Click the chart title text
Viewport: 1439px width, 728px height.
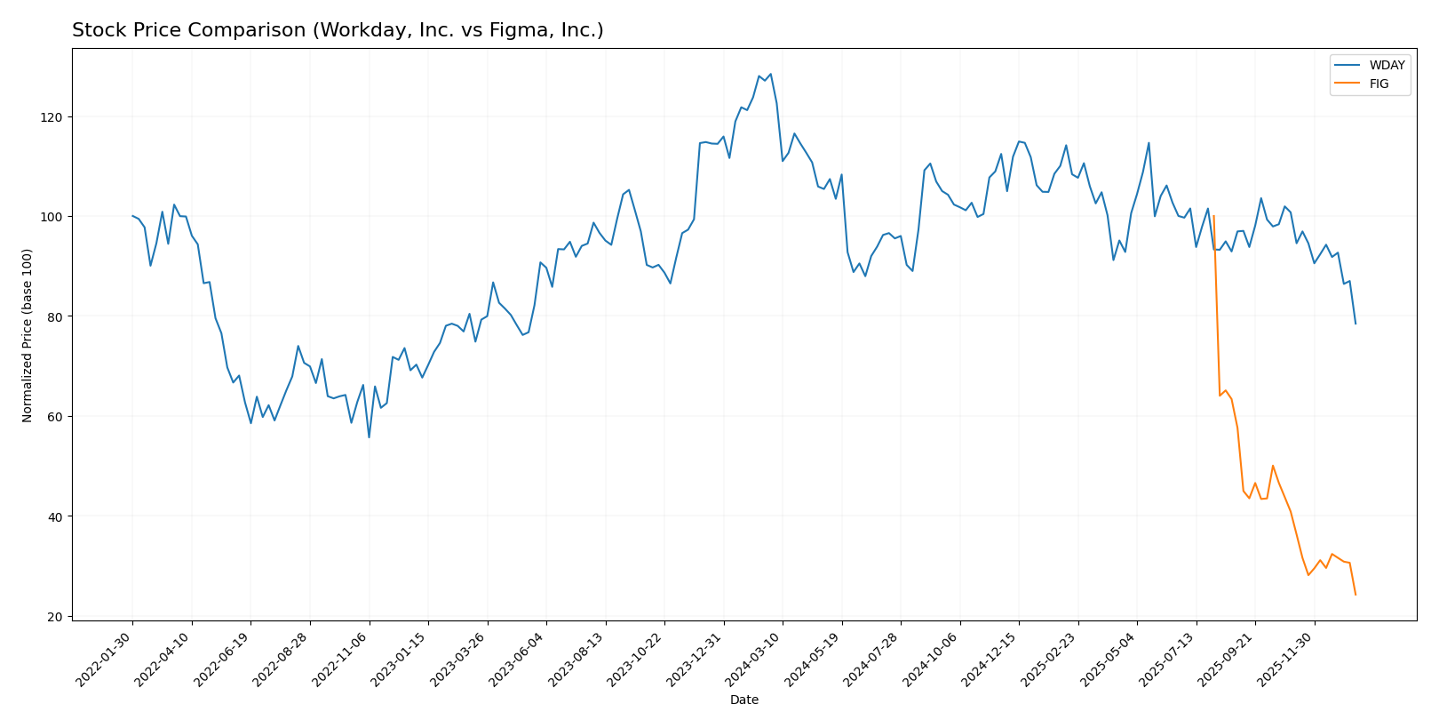coord(338,30)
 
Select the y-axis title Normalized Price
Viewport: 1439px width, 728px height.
coord(28,335)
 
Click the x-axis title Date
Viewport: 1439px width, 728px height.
coord(743,700)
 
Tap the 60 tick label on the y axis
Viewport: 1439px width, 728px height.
coord(53,417)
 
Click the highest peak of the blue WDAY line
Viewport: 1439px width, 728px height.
coord(770,74)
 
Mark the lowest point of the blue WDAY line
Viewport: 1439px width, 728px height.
coord(369,437)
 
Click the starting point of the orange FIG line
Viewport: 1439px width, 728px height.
coord(1213,216)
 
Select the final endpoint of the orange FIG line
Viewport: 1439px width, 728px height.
coord(1356,595)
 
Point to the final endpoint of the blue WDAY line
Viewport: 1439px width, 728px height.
coord(1356,324)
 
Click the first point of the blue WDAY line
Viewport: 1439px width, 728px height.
coord(132,216)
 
